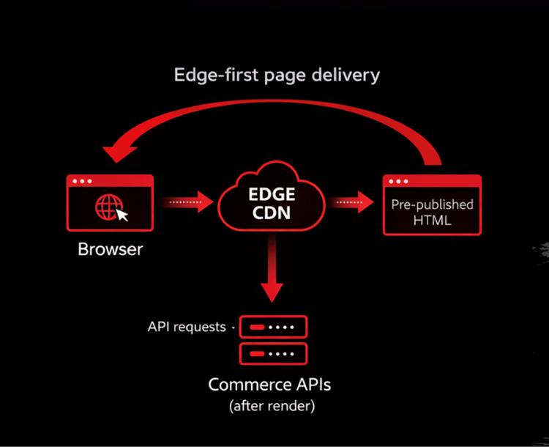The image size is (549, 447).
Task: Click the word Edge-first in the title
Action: [x=216, y=75]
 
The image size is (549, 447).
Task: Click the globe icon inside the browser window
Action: [x=109, y=207]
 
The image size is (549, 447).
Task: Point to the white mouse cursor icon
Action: [x=122, y=215]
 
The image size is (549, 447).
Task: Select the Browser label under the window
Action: [x=111, y=249]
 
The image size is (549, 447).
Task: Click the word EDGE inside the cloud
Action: [x=272, y=194]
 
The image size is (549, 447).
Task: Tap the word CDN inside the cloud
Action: [x=272, y=213]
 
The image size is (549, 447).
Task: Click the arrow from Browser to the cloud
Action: [x=186, y=202]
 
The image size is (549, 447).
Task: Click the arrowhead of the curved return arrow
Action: [x=119, y=153]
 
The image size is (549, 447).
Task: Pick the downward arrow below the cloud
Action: [x=272, y=267]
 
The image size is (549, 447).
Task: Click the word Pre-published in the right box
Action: [x=432, y=204]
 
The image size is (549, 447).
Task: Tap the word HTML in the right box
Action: [x=432, y=221]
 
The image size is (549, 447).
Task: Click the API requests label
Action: [x=187, y=327]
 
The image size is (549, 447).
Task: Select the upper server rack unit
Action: [x=273, y=327]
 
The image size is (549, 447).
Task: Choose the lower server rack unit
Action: [x=273, y=354]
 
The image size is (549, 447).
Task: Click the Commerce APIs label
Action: [x=269, y=385]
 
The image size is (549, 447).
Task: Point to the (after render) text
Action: [x=272, y=406]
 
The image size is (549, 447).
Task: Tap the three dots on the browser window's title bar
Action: [x=82, y=181]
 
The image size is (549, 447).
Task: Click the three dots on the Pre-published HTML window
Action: [x=398, y=181]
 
